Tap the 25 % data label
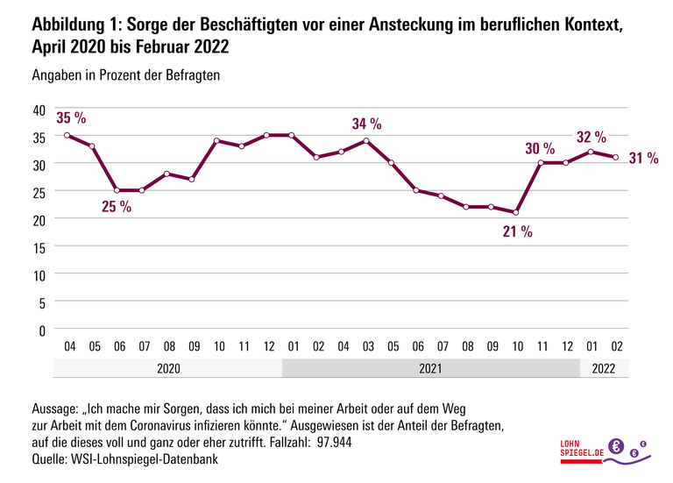click(117, 207)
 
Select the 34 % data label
click(366, 124)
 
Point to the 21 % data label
click(517, 231)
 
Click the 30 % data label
click(540, 149)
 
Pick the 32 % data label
click(591, 137)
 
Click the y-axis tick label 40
click(39, 109)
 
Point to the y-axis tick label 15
click(39, 246)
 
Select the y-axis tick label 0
click(41, 330)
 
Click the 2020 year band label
click(167, 369)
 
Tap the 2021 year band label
click(430, 369)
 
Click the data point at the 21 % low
click(517, 212)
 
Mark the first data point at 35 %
click(67, 135)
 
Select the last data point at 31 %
click(617, 158)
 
